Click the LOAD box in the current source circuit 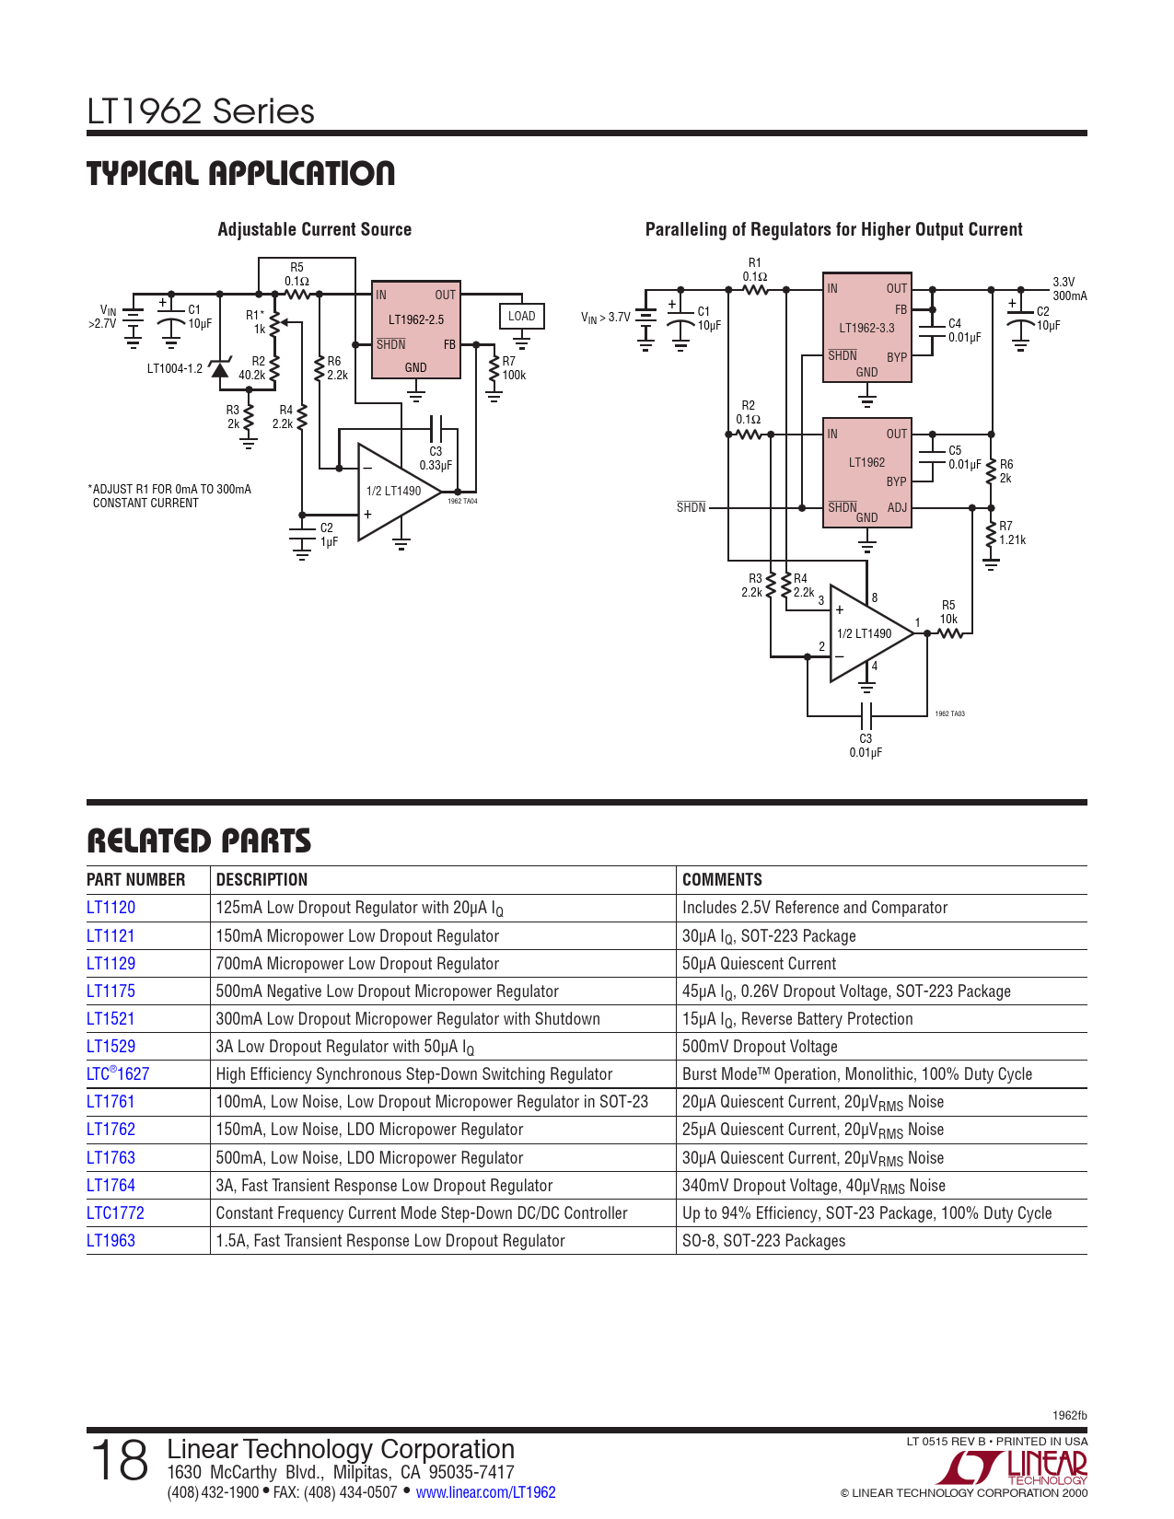tap(521, 316)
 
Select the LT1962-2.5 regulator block tap(415, 330)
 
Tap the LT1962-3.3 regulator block tap(867, 327)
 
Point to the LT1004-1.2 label tap(174, 368)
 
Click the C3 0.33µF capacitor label tap(436, 458)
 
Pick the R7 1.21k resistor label tap(1012, 533)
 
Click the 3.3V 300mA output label tap(1070, 289)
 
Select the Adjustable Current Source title tap(315, 229)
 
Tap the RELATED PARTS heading tap(199, 841)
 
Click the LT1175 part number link tap(110, 991)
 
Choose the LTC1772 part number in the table tap(115, 1212)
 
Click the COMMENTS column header tap(722, 879)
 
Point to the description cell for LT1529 tap(344, 1047)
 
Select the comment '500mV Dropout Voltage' tap(760, 1047)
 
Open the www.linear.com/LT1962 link tap(486, 1492)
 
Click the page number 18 tap(119, 1460)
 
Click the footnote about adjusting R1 tap(169, 495)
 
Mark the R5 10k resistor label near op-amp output tap(948, 612)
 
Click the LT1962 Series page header tap(201, 111)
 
